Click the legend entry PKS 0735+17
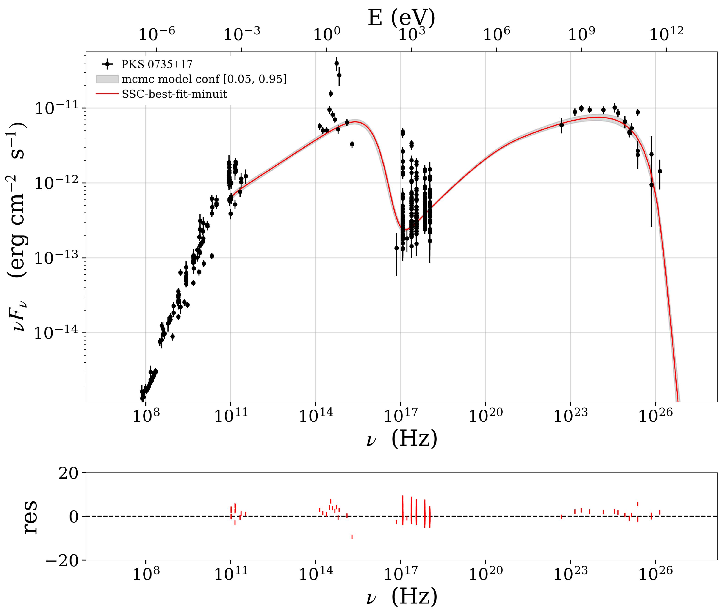pyautogui.click(x=157, y=64)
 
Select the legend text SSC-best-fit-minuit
pyautogui.click(x=174, y=94)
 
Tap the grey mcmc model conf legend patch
pyautogui.click(x=107, y=79)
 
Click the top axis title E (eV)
pyautogui.click(x=401, y=17)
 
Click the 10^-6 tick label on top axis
pyautogui.click(x=156, y=34)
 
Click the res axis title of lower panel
pyautogui.click(x=30, y=516)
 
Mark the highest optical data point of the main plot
pyautogui.click(x=336, y=63)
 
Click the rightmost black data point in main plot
pyautogui.click(x=660, y=171)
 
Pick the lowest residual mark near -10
pyautogui.click(x=352, y=537)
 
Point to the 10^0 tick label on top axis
pyautogui.click(x=327, y=34)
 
